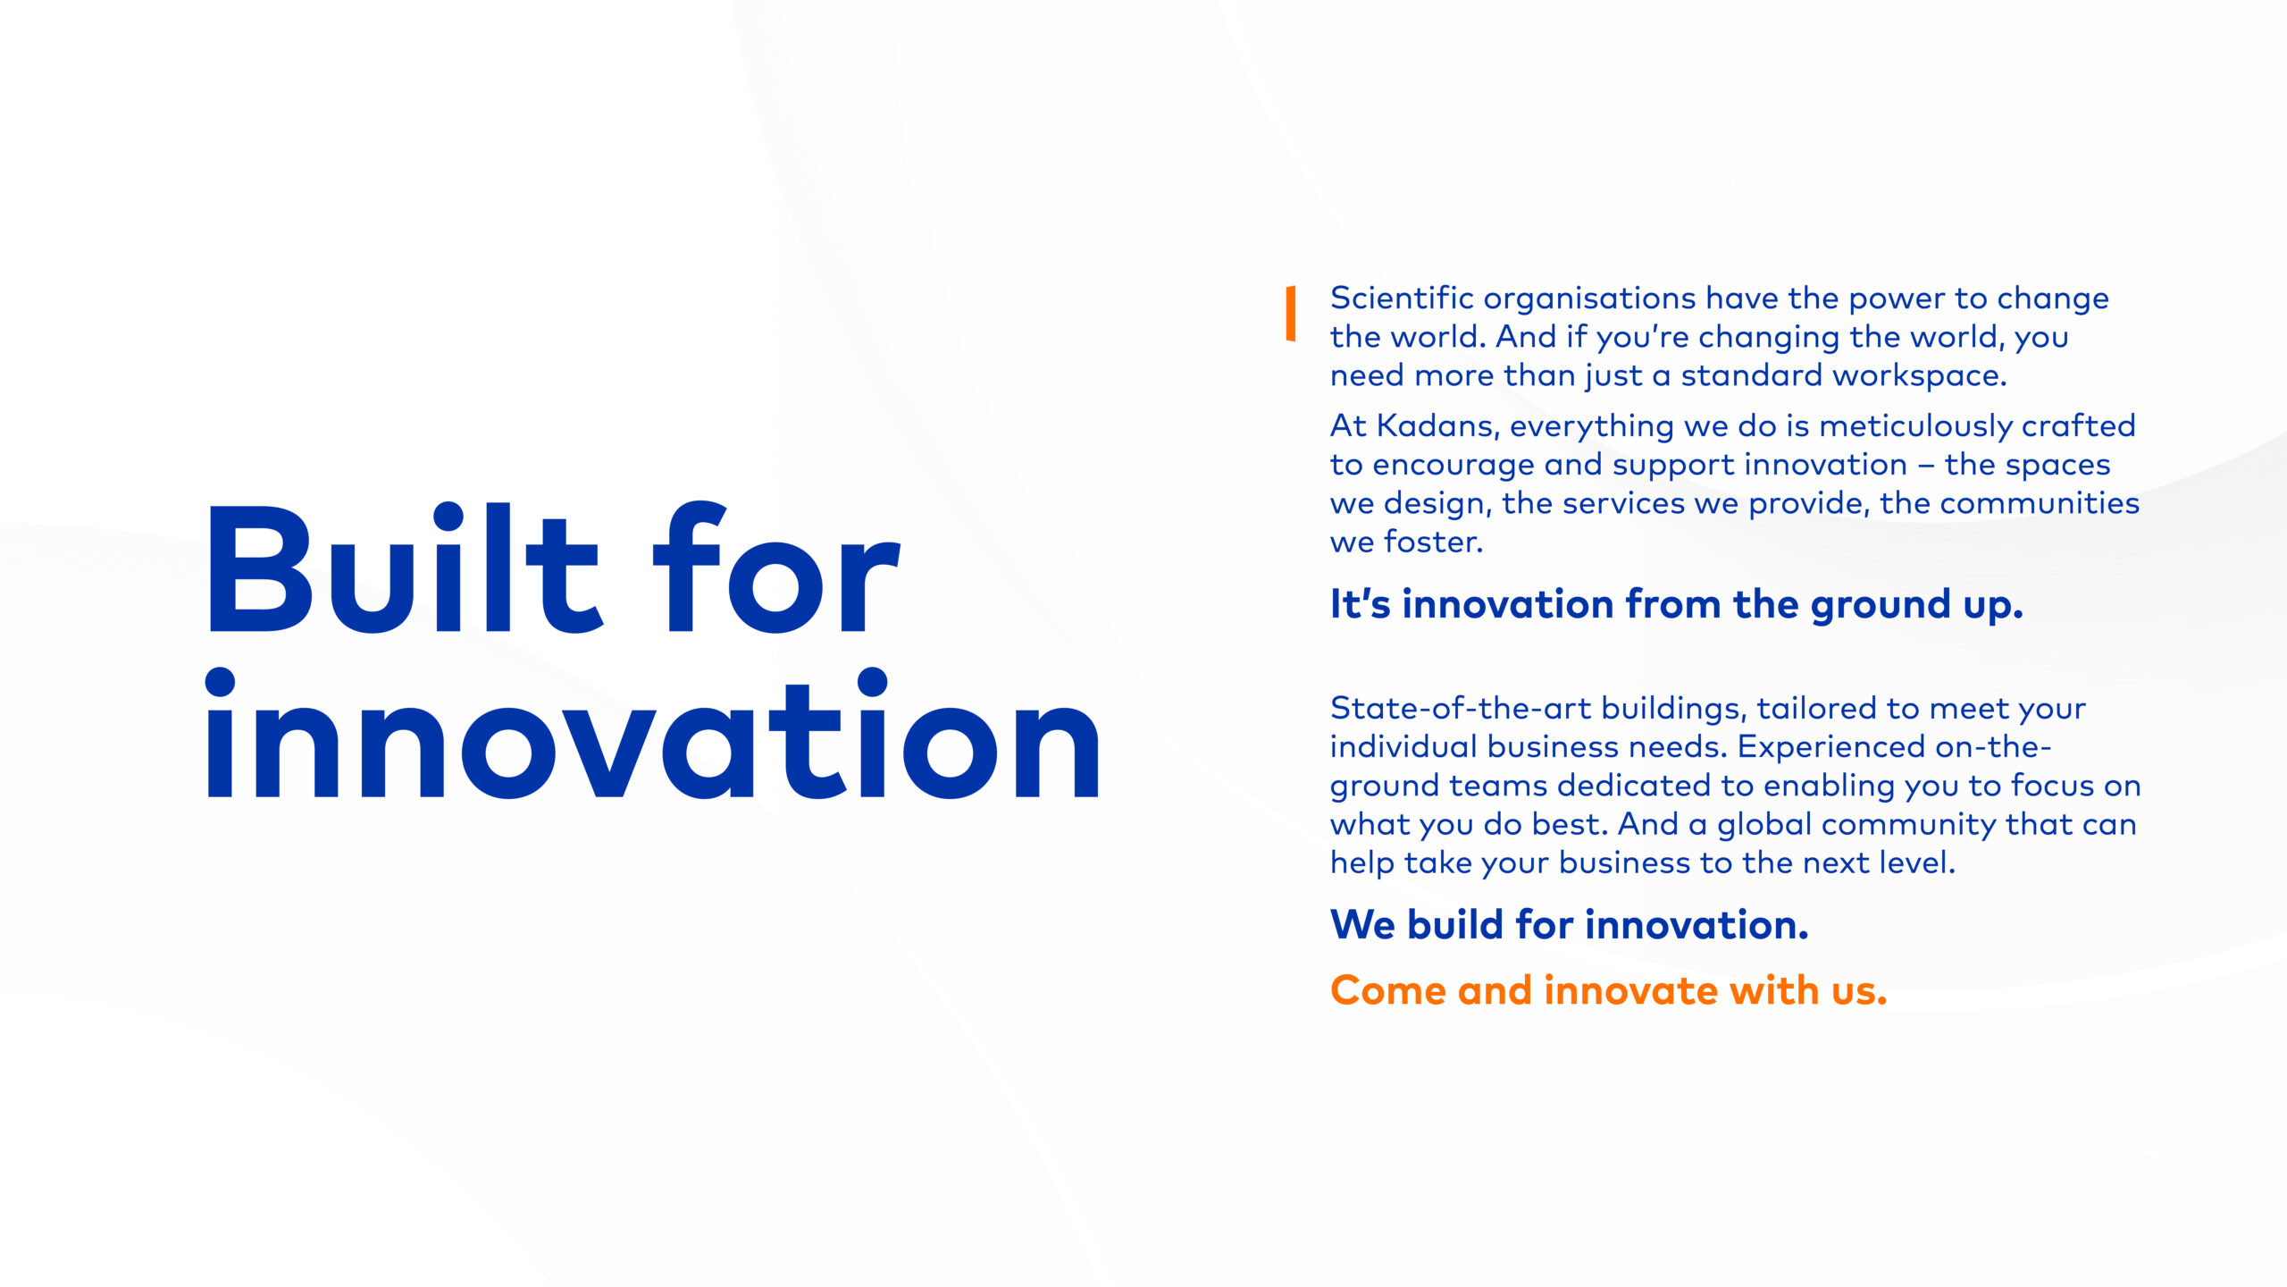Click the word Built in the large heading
403,568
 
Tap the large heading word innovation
653,733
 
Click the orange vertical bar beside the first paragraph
1291,314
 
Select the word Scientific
1402,298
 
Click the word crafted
2079,425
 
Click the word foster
1434,542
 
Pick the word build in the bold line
1456,925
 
